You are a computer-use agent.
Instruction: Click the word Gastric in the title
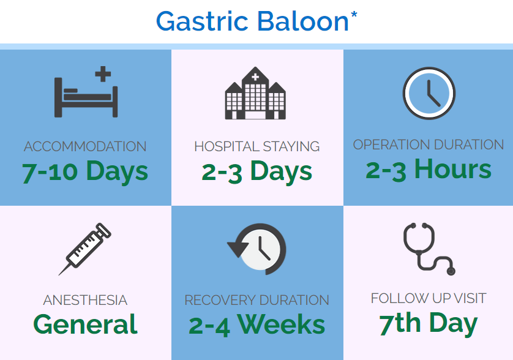202,21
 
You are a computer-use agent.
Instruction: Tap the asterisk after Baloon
354,15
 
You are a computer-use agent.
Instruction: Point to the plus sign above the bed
103,74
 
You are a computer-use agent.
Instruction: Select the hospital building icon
255,93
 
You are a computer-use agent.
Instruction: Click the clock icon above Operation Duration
429,93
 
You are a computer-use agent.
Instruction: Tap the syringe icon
85,249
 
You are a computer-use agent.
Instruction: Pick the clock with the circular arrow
257,249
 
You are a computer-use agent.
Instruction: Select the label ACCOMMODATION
85,146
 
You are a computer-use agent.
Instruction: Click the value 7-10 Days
85,171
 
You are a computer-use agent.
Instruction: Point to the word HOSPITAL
227,146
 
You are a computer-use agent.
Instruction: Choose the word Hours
453,169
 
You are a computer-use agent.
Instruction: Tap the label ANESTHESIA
85,300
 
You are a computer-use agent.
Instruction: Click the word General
85,324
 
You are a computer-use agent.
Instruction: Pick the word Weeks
282,324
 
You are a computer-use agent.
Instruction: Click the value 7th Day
429,324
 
